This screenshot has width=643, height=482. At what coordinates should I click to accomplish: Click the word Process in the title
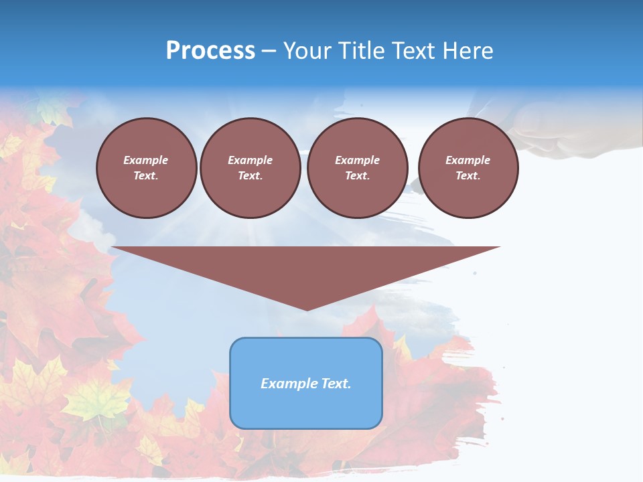click(x=210, y=51)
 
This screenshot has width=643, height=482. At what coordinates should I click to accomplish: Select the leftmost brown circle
click(x=147, y=168)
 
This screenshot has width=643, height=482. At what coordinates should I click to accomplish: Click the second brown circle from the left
click(x=250, y=168)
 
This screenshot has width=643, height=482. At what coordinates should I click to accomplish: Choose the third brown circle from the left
click(x=357, y=168)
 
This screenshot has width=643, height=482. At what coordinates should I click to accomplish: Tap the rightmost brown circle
click(x=468, y=168)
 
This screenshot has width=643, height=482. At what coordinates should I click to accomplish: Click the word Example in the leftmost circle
click(x=146, y=160)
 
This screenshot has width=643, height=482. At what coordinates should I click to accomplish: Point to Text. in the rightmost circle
click(x=468, y=176)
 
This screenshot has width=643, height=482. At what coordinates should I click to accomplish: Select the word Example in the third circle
click(x=357, y=160)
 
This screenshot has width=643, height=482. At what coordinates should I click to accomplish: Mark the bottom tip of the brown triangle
click(x=307, y=309)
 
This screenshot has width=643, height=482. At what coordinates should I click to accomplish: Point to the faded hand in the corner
click(x=563, y=134)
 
